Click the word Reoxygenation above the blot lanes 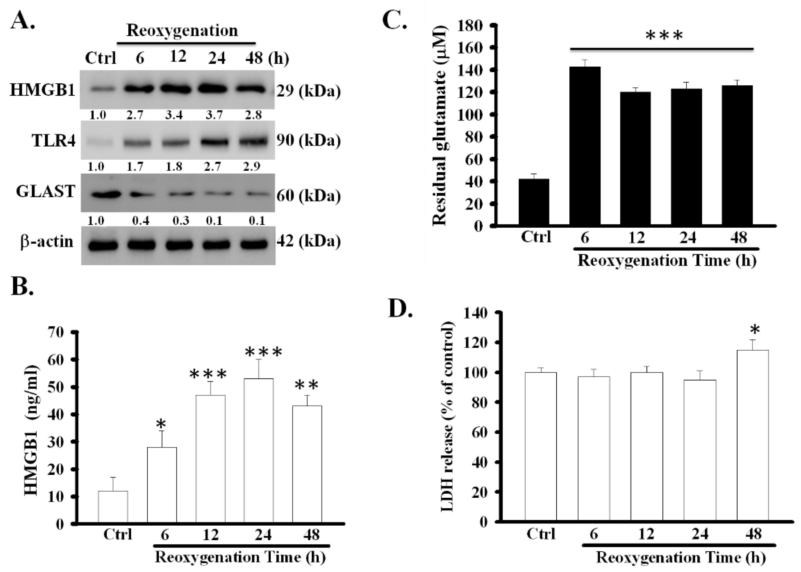tap(182, 31)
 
